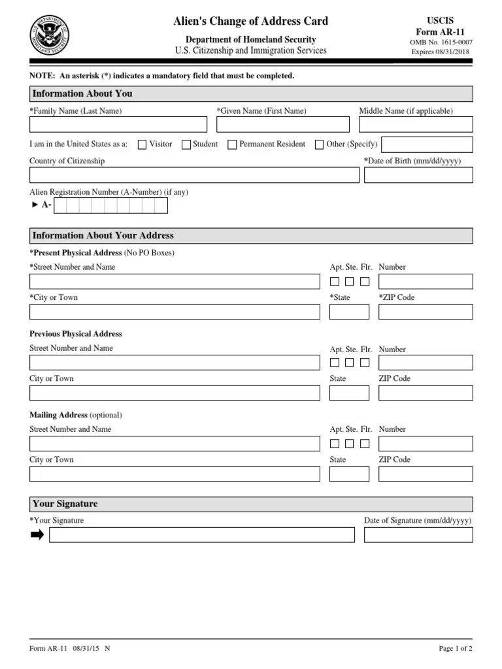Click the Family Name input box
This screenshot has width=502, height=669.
coord(118,125)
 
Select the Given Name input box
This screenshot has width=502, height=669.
coord(283,125)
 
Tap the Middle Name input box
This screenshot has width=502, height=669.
coord(416,125)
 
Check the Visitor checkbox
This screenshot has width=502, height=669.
coord(142,145)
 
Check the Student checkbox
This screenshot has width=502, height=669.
coord(186,145)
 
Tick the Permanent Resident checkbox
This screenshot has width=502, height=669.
coord(232,145)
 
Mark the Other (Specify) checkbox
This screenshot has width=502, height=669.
coord(320,145)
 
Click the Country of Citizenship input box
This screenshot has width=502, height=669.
coord(194,175)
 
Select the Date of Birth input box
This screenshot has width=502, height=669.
coord(418,175)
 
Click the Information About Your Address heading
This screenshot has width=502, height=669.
coord(103,236)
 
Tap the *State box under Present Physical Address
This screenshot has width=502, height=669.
coord(349,312)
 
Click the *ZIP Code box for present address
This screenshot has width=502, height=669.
coord(426,312)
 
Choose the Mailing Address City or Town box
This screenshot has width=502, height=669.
coord(175,474)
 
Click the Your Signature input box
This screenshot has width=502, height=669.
coord(202,535)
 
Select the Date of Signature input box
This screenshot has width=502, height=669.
coord(418,535)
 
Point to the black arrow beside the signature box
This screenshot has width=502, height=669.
coord(37,535)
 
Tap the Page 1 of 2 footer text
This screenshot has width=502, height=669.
coord(455,649)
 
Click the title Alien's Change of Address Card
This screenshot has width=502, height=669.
coord(251,22)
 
